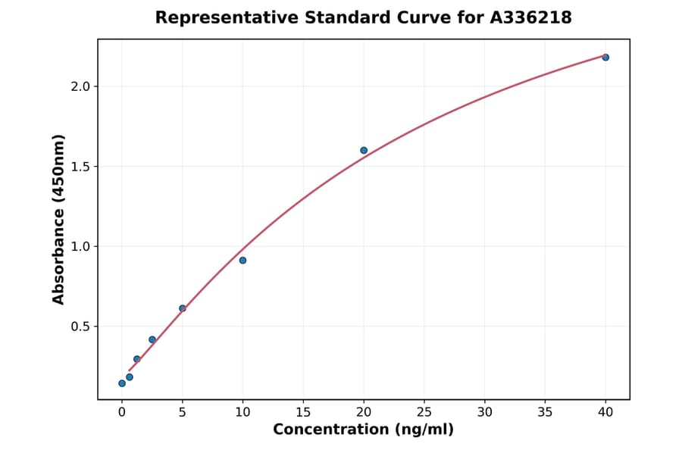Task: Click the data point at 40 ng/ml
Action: (605, 58)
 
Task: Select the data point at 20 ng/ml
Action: (364, 151)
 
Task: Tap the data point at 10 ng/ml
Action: (242, 261)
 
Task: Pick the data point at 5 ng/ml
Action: (183, 308)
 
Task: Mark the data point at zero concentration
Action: (122, 383)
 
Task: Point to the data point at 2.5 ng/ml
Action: (152, 339)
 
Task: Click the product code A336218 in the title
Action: (530, 17)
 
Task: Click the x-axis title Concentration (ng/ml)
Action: (363, 430)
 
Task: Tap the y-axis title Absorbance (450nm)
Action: (59, 219)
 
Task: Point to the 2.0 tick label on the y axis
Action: (80, 86)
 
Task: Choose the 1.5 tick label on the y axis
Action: (80, 167)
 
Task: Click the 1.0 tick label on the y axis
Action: (80, 246)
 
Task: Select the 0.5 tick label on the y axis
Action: (80, 327)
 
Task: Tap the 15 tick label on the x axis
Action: (303, 412)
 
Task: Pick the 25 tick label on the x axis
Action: (424, 412)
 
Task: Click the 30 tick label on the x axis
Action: (485, 412)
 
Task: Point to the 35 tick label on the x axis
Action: (545, 412)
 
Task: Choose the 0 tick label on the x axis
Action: (122, 412)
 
